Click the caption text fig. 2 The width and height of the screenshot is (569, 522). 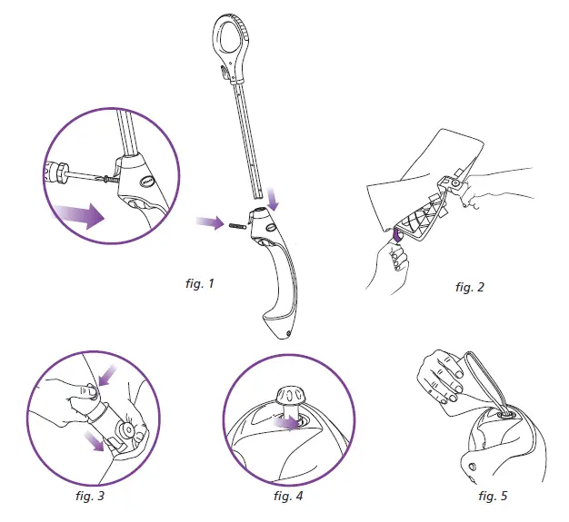pos(469,288)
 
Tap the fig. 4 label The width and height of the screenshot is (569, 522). pos(289,497)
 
